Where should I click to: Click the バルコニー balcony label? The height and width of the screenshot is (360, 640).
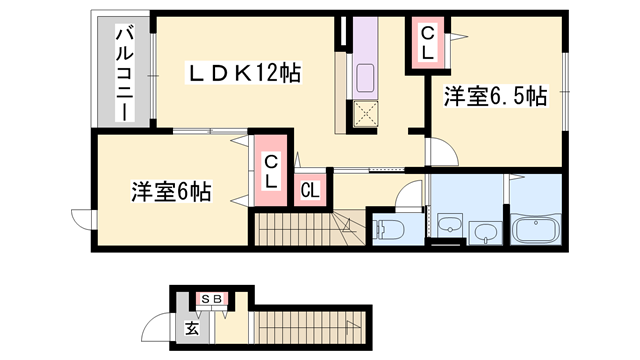coord(124,72)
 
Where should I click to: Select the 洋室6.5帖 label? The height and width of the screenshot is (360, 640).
coord(496,97)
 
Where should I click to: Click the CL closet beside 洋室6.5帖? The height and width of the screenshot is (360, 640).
coord(427,46)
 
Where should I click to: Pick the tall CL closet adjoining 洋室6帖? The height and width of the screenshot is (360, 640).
coord(271,172)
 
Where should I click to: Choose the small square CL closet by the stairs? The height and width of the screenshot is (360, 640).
coord(310,189)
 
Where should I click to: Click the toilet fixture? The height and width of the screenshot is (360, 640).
coord(389,229)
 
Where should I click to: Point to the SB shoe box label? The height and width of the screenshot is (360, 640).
coord(211,298)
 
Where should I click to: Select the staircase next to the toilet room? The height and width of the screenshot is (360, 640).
coord(300,232)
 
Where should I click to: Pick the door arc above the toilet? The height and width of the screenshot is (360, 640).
coord(411,194)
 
